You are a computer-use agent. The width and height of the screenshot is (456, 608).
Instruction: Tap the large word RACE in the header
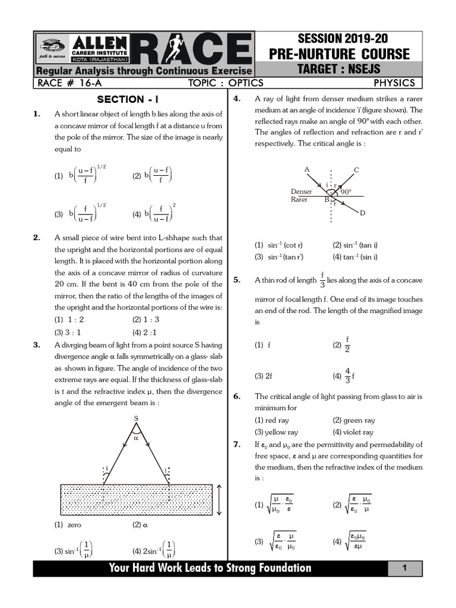click(189, 47)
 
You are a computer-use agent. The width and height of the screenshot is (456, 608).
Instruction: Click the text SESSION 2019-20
click(347, 39)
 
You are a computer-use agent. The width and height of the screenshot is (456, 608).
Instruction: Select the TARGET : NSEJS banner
click(347, 69)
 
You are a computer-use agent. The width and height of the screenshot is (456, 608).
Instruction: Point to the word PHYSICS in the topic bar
click(394, 83)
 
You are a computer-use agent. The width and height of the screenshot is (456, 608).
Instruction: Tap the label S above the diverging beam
click(136, 418)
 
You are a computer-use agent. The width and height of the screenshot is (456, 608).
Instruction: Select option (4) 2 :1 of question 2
click(145, 332)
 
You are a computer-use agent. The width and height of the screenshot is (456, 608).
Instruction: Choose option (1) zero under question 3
click(68, 525)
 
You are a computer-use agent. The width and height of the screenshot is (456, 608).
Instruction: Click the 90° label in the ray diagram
click(346, 192)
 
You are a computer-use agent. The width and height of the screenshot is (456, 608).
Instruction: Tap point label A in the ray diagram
click(307, 170)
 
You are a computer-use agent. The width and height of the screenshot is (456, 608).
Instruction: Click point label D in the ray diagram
click(362, 213)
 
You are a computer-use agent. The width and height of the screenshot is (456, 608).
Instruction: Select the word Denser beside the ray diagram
click(302, 192)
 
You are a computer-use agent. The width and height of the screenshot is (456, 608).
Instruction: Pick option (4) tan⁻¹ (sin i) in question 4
click(355, 257)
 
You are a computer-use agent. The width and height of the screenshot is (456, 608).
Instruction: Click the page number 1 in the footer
click(403, 568)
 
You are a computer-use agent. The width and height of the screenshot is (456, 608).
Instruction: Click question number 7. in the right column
click(237, 444)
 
